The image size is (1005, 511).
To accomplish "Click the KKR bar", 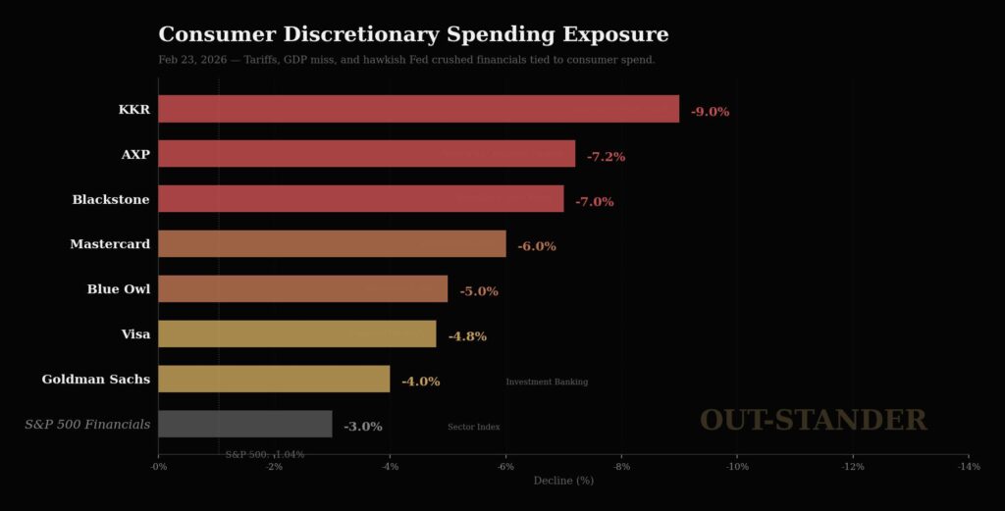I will (x=418, y=109).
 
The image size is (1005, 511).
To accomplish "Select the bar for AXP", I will (x=366, y=154).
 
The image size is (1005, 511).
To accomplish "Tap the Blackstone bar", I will (x=360, y=199).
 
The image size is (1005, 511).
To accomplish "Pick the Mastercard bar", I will (x=332, y=244).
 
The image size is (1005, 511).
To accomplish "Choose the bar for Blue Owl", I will (x=302, y=289).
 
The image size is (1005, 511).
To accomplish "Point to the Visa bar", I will (x=296, y=334).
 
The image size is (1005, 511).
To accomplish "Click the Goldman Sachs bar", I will (x=274, y=380).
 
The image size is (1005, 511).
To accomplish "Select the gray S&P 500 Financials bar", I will (x=244, y=425).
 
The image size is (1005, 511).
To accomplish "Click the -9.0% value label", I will (x=710, y=112).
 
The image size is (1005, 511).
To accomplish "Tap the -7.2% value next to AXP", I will (x=606, y=157).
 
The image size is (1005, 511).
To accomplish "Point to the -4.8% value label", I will (x=467, y=336).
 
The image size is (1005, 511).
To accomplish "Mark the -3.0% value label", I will (x=362, y=427).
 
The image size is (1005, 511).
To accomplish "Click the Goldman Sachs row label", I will (x=96, y=380).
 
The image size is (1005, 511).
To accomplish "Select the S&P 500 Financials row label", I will (x=87, y=425).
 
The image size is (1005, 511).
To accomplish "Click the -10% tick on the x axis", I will (x=736, y=467).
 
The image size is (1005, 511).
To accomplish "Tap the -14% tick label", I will (x=968, y=467).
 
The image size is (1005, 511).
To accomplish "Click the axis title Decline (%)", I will (x=563, y=481).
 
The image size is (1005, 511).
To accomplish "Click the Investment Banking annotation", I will (x=547, y=382).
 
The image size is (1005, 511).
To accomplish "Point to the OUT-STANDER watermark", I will (x=813, y=421).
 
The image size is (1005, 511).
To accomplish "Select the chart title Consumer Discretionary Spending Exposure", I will (x=413, y=35).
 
